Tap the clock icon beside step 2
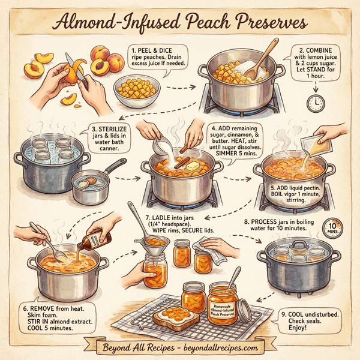click(315, 103)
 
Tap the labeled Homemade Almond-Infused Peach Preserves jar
click(223, 305)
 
